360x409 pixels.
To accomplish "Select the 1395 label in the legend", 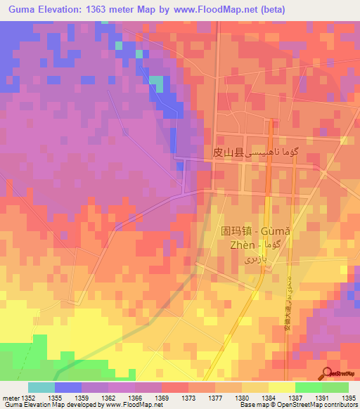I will (348, 398).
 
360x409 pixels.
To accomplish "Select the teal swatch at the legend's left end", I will (41, 387).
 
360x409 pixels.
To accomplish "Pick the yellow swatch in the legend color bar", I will (282, 387).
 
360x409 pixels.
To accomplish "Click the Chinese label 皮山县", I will (226, 152).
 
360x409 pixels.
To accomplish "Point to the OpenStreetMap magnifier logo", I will (327, 372).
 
